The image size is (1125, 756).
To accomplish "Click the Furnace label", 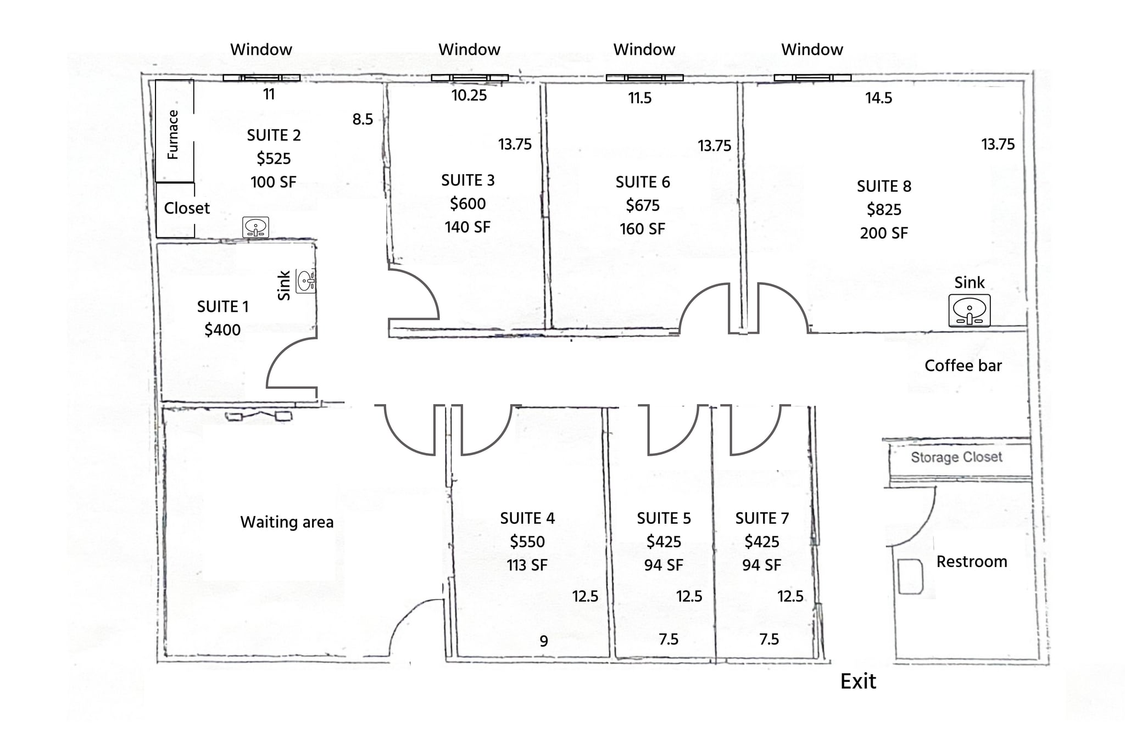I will tap(173, 135).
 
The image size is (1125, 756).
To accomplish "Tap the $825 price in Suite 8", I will tap(884, 210).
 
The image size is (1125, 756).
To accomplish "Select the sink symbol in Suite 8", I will tap(969, 311).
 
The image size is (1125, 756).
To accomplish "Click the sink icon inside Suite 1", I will tap(306, 281).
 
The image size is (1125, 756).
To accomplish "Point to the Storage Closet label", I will tap(956, 457).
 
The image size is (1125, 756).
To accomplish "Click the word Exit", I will tap(858, 681).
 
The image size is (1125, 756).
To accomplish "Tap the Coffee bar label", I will tap(963, 366).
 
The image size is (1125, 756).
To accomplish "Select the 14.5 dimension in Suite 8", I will tap(878, 98).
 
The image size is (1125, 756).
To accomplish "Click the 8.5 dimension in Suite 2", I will tap(363, 119).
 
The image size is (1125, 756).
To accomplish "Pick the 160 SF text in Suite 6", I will tap(642, 229).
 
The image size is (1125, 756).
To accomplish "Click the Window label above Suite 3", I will tap(469, 49).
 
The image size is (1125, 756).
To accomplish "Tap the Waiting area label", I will tap(287, 522).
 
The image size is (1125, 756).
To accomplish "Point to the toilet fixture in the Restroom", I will tap(910, 576).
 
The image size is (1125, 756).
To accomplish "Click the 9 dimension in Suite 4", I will tap(544, 641).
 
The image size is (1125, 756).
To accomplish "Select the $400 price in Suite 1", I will tap(222, 330).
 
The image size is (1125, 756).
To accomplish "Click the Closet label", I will tap(187, 208).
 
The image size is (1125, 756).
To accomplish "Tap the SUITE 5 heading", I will tap(664, 518).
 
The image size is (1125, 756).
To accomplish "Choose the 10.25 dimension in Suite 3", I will tap(469, 96).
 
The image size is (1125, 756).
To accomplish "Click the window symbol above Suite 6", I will tap(644, 78).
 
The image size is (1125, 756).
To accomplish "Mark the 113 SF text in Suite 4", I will tap(527, 565).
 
